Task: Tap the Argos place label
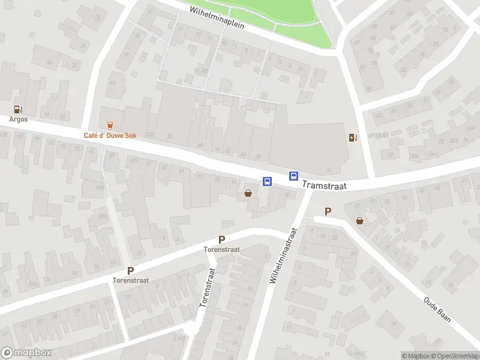click(19, 119)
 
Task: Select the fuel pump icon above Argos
click(19, 109)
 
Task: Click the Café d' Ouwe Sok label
click(110, 136)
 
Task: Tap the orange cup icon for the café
click(110, 125)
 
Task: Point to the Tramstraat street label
click(324, 185)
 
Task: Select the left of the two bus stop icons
click(267, 181)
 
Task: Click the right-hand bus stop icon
click(294, 176)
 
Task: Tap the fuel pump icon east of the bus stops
click(353, 137)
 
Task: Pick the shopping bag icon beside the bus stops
click(248, 193)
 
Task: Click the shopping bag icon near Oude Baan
click(359, 221)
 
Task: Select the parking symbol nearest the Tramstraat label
click(328, 211)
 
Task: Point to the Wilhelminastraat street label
click(284, 256)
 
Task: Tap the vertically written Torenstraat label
click(207, 288)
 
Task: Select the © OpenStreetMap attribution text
click(454, 356)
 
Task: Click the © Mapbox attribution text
click(416, 356)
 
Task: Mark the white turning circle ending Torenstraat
click(191, 329)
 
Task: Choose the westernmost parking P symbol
click(130, 271)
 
